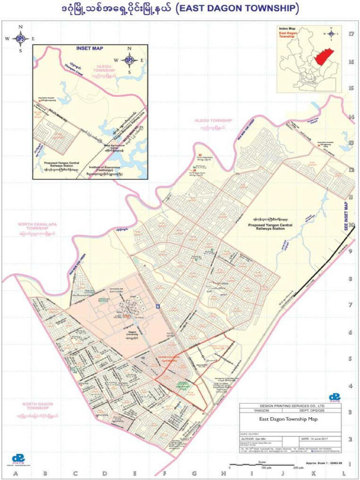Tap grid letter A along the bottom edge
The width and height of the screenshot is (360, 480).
pyautogui.click(x=15, y=474)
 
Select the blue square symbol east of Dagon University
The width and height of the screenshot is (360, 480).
pyautogui.click(x=158, y=307)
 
